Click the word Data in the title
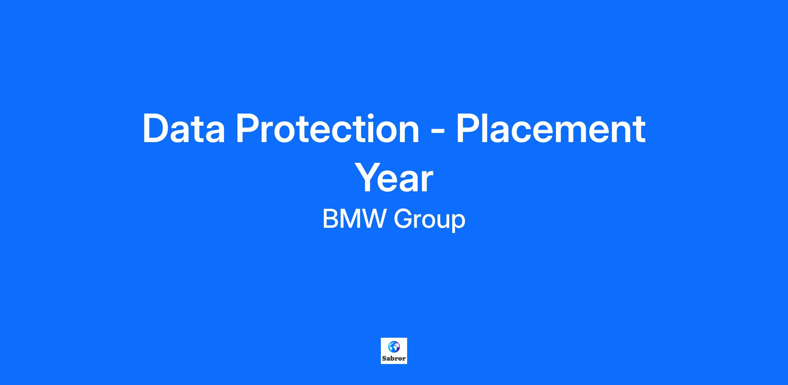tap(184, 128)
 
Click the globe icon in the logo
tap(394, 347)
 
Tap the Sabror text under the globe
tap(394, 358)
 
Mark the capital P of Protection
tap(248, 128)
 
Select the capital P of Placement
tap(469, 128)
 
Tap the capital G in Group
tap(403, 219)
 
